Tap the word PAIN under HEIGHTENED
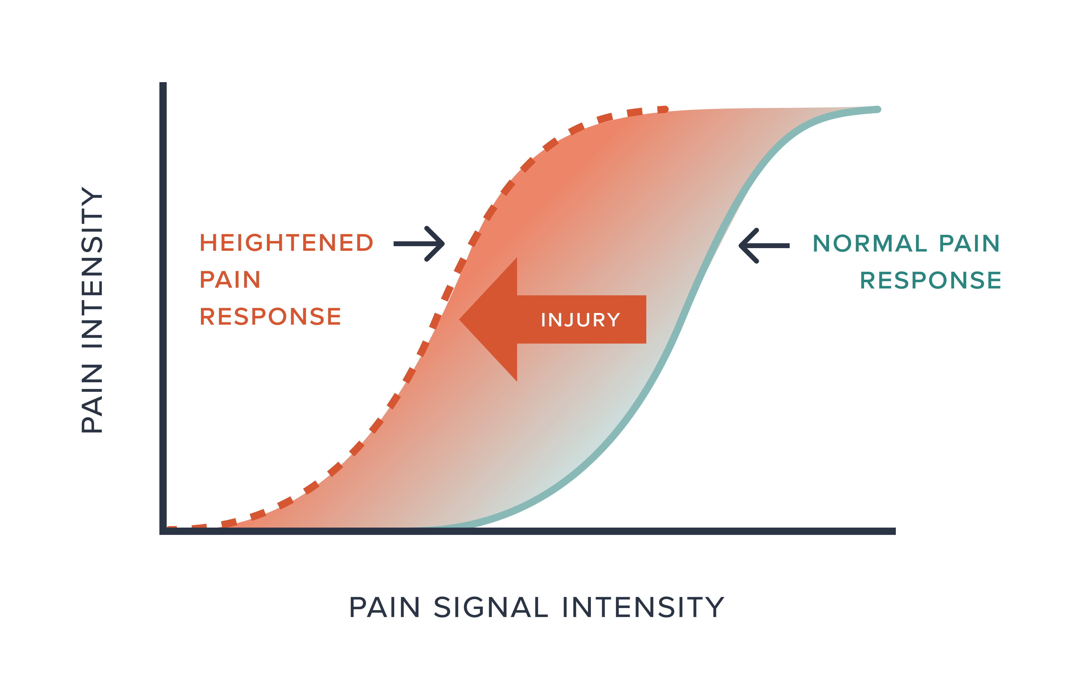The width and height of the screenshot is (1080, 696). [230, 280]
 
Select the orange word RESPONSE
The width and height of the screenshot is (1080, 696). [270, 316]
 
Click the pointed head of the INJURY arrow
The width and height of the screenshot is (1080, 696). [460, 320]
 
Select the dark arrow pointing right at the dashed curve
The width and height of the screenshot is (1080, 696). [419, 244]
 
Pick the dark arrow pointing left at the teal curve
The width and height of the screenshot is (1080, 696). [764, 246]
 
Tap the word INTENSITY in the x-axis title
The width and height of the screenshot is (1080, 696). [643, 607]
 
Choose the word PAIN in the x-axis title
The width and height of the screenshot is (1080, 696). [385, 607]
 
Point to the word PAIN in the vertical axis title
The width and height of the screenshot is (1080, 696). [92, 398]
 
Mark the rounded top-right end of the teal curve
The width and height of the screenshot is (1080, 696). [878, 109]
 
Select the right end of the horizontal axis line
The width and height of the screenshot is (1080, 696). [894, 531]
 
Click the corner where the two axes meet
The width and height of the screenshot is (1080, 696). [163, 531]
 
